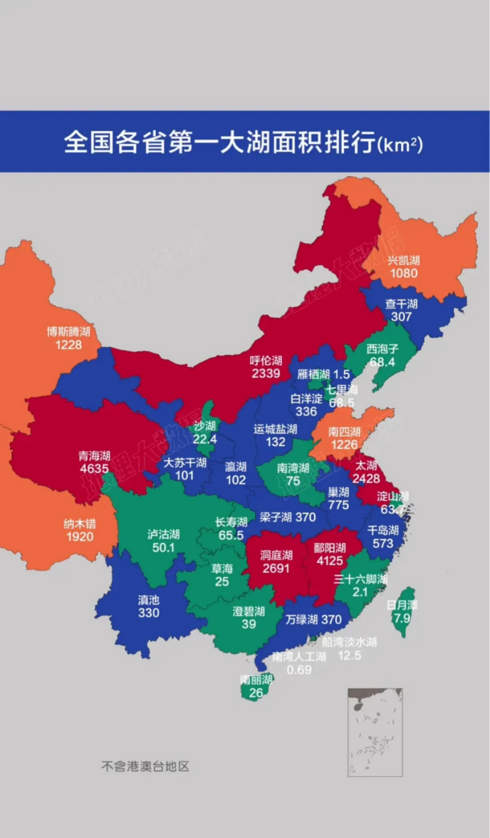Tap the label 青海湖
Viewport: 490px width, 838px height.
click(x=94, y=456)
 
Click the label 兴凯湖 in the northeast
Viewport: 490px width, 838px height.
click(x=404, y=260)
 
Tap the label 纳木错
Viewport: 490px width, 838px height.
click(x=79, y=524)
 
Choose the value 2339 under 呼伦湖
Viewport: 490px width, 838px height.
click(x=266, y=373)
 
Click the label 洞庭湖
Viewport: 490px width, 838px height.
click(x=275, y=555)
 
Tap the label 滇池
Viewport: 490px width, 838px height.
click(x=149, y=600)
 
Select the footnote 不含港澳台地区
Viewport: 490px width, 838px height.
click(x=145, y=766)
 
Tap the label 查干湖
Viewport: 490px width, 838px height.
click(x=402, y=304)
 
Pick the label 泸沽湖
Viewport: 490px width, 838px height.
click(x=164, y=534)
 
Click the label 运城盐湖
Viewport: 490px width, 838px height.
click(x=275, y=429)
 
